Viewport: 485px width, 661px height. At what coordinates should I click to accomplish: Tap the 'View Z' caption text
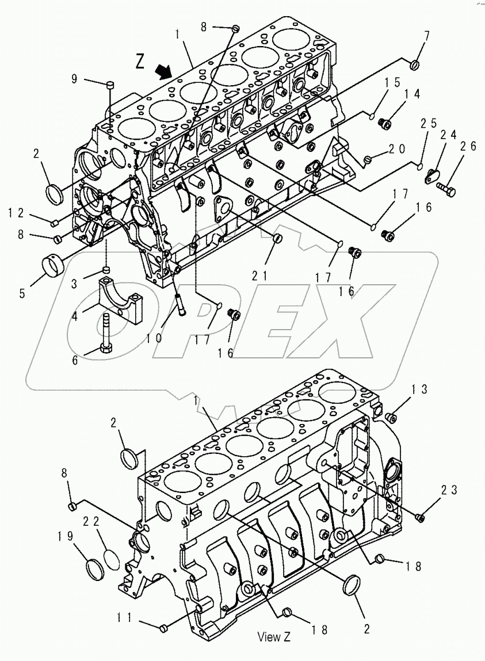274,636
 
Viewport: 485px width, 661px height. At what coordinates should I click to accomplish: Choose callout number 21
259,276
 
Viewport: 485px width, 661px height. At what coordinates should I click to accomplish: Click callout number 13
418,390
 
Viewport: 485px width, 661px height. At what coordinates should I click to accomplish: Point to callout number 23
449,490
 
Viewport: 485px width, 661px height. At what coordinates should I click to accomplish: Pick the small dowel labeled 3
107,269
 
